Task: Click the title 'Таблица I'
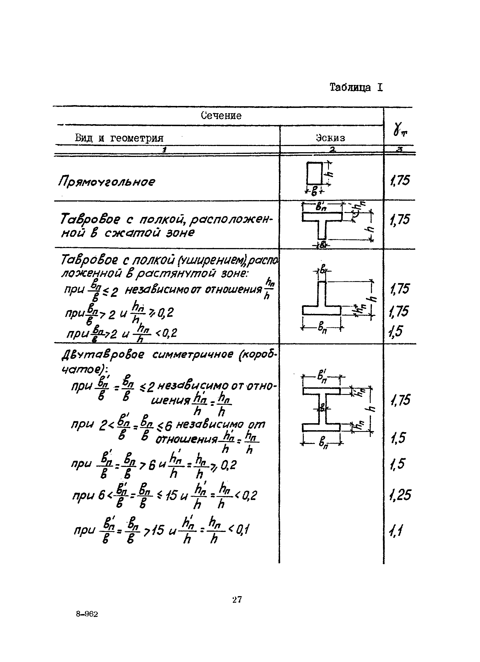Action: point(356,87)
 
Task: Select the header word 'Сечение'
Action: point(221,115)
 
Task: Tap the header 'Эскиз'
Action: point(330,138)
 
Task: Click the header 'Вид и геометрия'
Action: point(119,138)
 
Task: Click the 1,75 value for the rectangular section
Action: point(400,180)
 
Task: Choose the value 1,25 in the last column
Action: point(400,495)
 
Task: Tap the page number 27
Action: point(237,599)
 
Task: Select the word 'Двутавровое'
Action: point(103,355)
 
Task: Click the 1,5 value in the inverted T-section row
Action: point(396,331)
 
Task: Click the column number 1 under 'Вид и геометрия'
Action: point(165,150)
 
